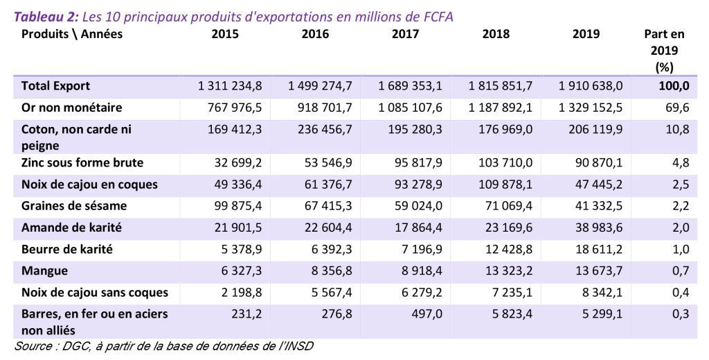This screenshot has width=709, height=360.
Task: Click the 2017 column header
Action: coord(405,34)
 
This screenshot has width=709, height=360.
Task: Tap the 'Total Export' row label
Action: coord(56,86)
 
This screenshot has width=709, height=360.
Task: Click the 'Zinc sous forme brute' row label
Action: coord(82,162)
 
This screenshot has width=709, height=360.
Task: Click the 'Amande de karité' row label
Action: coord(71,228)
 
